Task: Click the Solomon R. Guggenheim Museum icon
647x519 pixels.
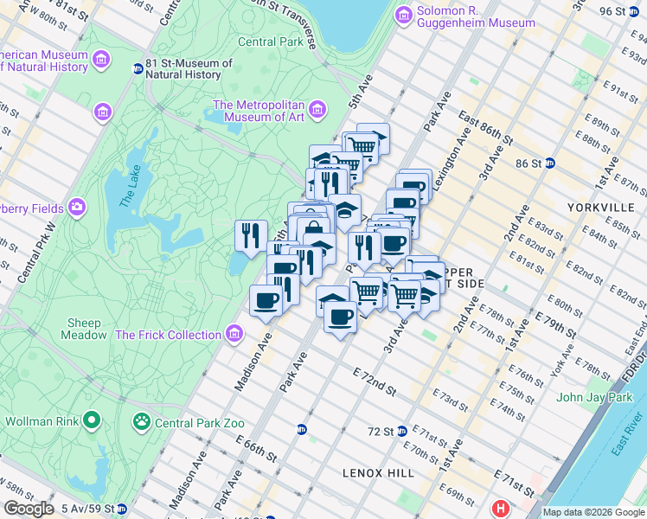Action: (x=403, y=15)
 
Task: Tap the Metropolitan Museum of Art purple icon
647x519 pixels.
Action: (x=317, y=109)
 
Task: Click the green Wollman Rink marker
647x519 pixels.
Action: (x=92, y=421)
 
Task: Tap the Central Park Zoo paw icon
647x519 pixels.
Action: (x=140, y=422)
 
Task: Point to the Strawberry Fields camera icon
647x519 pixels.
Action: (x=77, y=208)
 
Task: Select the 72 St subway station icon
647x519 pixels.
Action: (x=402, y=431)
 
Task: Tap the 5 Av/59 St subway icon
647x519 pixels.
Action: (x=122, y=509)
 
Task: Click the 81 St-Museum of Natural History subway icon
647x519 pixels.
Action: (x=137, y=68)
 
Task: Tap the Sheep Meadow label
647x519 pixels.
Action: (x=84, y=329)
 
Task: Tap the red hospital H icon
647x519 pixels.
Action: (x=499, y=509)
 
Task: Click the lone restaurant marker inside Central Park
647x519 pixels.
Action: (x=251, y=234)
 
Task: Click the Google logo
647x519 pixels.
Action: (x=29, y=509)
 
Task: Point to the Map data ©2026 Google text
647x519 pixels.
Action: (x=593, y=512)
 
